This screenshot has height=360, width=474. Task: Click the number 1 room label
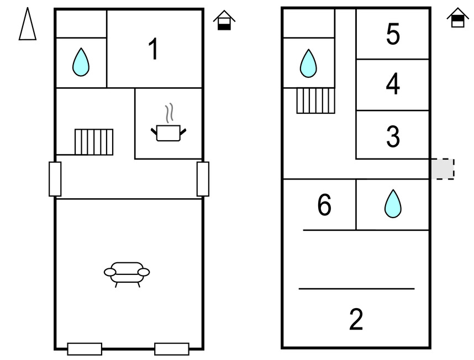click(154, 49)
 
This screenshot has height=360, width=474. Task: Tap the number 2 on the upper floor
click(356, 319)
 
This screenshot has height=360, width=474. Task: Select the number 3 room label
click(393, 136)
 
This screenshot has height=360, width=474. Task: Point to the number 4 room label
click(393, 84)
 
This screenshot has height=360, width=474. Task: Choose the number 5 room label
click(393, 34)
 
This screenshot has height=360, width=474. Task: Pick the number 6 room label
click(324, 205)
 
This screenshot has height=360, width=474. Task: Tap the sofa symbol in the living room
click(127, 274)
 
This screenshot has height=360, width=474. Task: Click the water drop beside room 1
click(81, 62)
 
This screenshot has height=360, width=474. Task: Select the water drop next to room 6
click(393, 204)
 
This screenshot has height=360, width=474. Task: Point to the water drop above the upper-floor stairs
click(308, 63)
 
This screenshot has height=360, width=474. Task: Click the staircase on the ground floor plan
click(94, 142)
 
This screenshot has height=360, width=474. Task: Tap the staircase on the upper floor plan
click(315, 100)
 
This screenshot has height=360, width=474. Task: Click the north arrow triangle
click(28, 24)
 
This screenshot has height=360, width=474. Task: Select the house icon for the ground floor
click(224, 20)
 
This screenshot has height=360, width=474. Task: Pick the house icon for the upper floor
click(457, 18)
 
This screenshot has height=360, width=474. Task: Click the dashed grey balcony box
click(443, 169)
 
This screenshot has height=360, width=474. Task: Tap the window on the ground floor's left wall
click(55, 179)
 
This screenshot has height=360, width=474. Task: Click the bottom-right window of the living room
click(172, 349)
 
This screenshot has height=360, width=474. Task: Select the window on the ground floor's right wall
click(203, 179)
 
